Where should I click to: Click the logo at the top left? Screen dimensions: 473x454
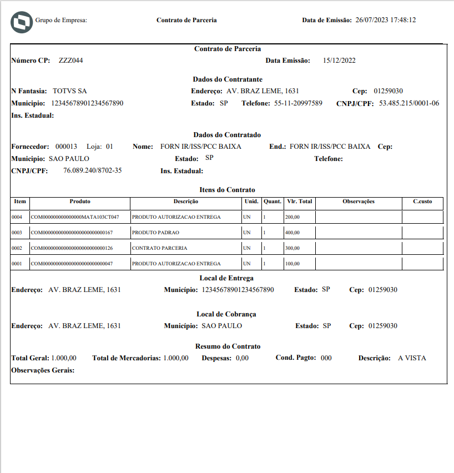[x=22, y=21]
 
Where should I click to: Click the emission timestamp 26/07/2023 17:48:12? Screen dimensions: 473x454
[x=386, y=20]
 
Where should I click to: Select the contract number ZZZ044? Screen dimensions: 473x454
[x=71, y=61]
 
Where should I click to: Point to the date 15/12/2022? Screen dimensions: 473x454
[x=339, y=61]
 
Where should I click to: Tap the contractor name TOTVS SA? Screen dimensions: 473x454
[x=70, y=91]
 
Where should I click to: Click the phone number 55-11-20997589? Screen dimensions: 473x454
[x=298, y=103]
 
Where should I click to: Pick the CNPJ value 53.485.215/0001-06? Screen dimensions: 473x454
[x=409, y=103]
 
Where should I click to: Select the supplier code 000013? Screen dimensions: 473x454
[x=66, y=147]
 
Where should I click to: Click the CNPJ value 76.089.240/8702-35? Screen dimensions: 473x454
[x=93, y=170]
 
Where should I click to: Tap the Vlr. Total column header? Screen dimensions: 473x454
[x=300, y=202]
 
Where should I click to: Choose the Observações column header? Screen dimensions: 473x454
[x=359, y=202]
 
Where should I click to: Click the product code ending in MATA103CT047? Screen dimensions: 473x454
[x=75, y=217]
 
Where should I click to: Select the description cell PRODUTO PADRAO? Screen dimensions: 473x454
[x=155, y=233]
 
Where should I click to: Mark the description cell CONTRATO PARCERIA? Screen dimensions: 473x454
[x=159, y=248]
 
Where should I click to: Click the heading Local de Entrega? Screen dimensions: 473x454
[x=226, y=278]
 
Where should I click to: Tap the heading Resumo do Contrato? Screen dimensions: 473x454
[x=228, y=346]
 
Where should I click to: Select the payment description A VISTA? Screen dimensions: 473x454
[x=412, y=358]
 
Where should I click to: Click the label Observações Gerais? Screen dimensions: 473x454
[x=43, y=370]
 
